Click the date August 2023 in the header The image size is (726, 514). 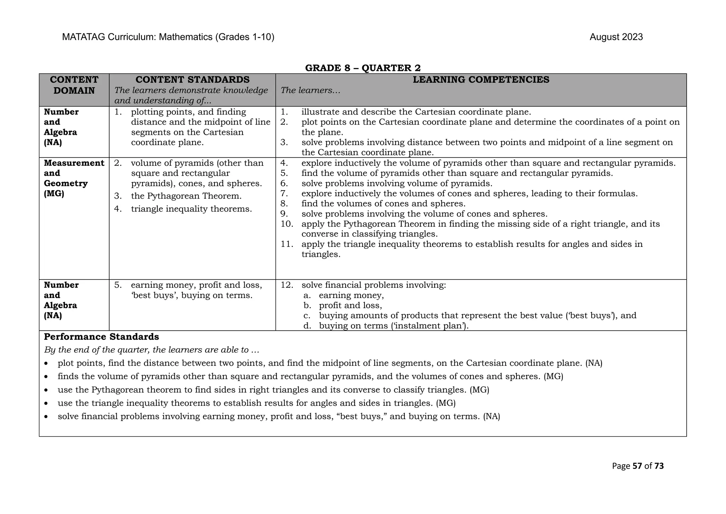[x=616, y=37]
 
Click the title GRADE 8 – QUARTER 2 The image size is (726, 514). [x=363, y=68]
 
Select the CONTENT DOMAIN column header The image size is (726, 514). [x=74, y=85]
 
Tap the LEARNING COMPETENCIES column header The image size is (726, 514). [x=481, y=80]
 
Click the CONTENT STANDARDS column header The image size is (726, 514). [x=192, y=80]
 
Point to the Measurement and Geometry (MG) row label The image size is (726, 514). [x=74, y=178]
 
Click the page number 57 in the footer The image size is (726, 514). [x=637, y=466]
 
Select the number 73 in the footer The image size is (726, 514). [x=659, y=466]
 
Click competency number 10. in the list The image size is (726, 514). [x=287, y=224]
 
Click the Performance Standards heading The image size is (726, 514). [x=101, y=337]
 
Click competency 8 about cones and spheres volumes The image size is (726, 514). [x=383, y=204]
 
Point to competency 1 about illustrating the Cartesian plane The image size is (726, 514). [x=416, y=112]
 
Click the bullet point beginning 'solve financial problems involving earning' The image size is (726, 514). [x=279, y=416]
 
